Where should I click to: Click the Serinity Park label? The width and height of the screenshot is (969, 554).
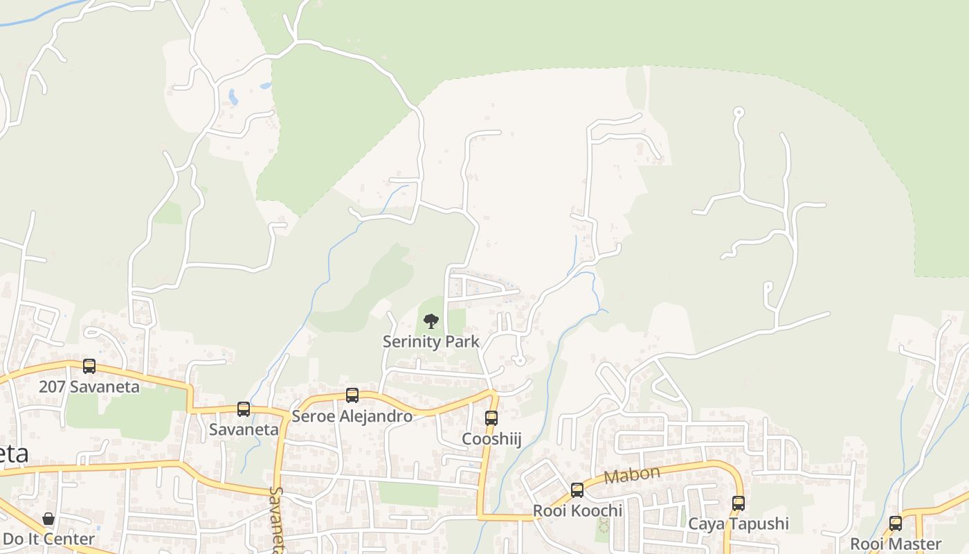(431, 341)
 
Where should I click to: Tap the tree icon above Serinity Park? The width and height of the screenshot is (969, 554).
(431, 321)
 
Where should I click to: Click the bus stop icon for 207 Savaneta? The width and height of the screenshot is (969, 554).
(89, 366)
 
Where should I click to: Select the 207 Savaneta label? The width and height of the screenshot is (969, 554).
(89, 386)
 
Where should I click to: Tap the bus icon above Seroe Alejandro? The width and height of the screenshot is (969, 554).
(352, 395)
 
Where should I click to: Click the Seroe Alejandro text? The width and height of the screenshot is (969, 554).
(352, 416)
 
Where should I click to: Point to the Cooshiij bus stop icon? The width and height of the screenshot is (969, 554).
(491, 418)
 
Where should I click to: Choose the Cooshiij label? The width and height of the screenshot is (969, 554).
(491, 439)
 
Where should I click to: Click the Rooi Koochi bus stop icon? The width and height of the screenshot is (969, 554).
(577, 490)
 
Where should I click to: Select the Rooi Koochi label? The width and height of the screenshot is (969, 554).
(577, 511)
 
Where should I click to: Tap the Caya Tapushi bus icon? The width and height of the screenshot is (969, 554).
(739, 503)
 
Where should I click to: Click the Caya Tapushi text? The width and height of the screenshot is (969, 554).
(739, 524)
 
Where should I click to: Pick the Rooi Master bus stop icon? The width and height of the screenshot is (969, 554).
(896, 524)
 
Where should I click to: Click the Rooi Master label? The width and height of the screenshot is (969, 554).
(896, 544)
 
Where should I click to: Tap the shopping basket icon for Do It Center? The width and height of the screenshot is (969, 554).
(48, 519)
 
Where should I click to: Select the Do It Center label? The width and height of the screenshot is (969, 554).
(48, 539)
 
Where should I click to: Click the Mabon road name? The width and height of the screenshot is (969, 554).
(632, 476)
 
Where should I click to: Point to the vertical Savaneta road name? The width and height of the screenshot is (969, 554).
(276, 519)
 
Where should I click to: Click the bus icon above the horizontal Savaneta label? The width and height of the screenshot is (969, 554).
(244, 409)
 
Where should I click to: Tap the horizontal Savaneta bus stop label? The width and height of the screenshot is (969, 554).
(244, 429)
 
